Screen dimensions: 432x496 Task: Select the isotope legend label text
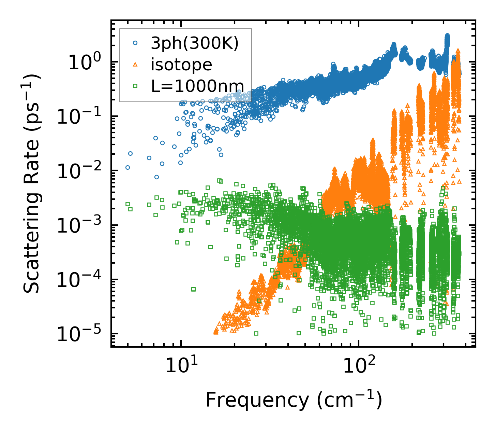point(181,65)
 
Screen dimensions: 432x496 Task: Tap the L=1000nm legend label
point(198,86)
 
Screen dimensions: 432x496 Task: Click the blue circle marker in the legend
point(135,43)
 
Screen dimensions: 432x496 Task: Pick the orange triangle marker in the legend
point(135,64)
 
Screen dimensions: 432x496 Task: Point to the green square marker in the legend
point(135,86)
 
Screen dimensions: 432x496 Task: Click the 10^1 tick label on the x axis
point(179,366)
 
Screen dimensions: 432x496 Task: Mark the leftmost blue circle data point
point(127,167)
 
